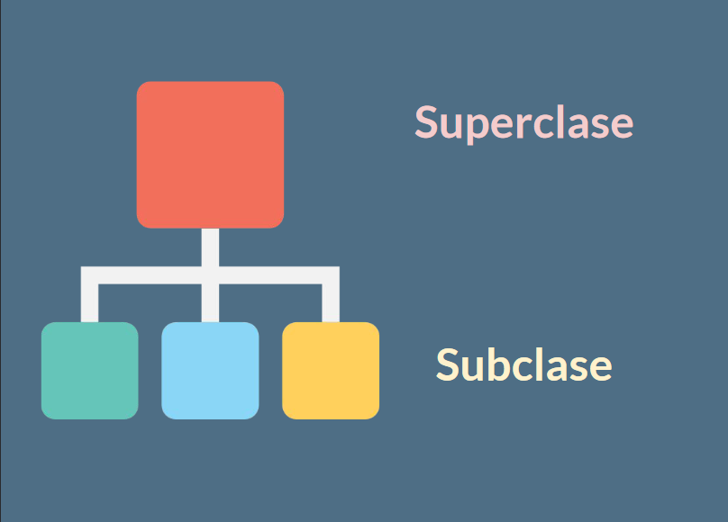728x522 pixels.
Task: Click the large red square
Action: tap(210, 154)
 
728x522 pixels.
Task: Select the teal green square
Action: tap(90, 370)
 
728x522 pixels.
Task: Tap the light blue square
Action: tap(210, 370)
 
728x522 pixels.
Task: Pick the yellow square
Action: tap(331, 370)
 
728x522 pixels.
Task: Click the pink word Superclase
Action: tap(523, 122)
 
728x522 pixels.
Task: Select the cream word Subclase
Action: tap(523, 364)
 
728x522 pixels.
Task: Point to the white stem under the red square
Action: tap(210, 247)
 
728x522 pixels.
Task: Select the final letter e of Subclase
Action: tap(602, 368)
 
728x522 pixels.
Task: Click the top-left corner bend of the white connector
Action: tap(90, 275)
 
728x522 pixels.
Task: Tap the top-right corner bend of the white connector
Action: tap(331, 275)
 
